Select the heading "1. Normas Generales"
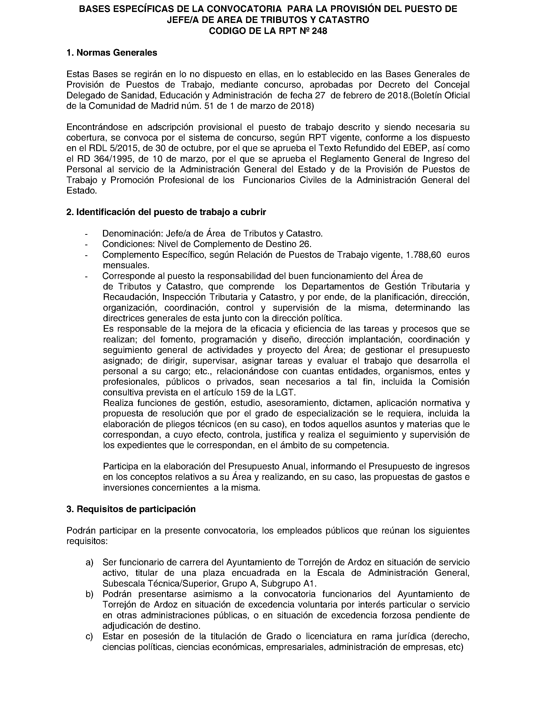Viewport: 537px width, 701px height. click(x=112, y=53)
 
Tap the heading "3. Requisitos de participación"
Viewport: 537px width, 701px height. click(x=131, y=509)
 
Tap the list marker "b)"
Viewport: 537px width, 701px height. click(x=90, y=594)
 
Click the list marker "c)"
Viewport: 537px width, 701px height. click(x=90, y=636)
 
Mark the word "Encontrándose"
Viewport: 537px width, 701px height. click(x=97, y=127)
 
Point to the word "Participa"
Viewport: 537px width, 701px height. click(x=121, y=466)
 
